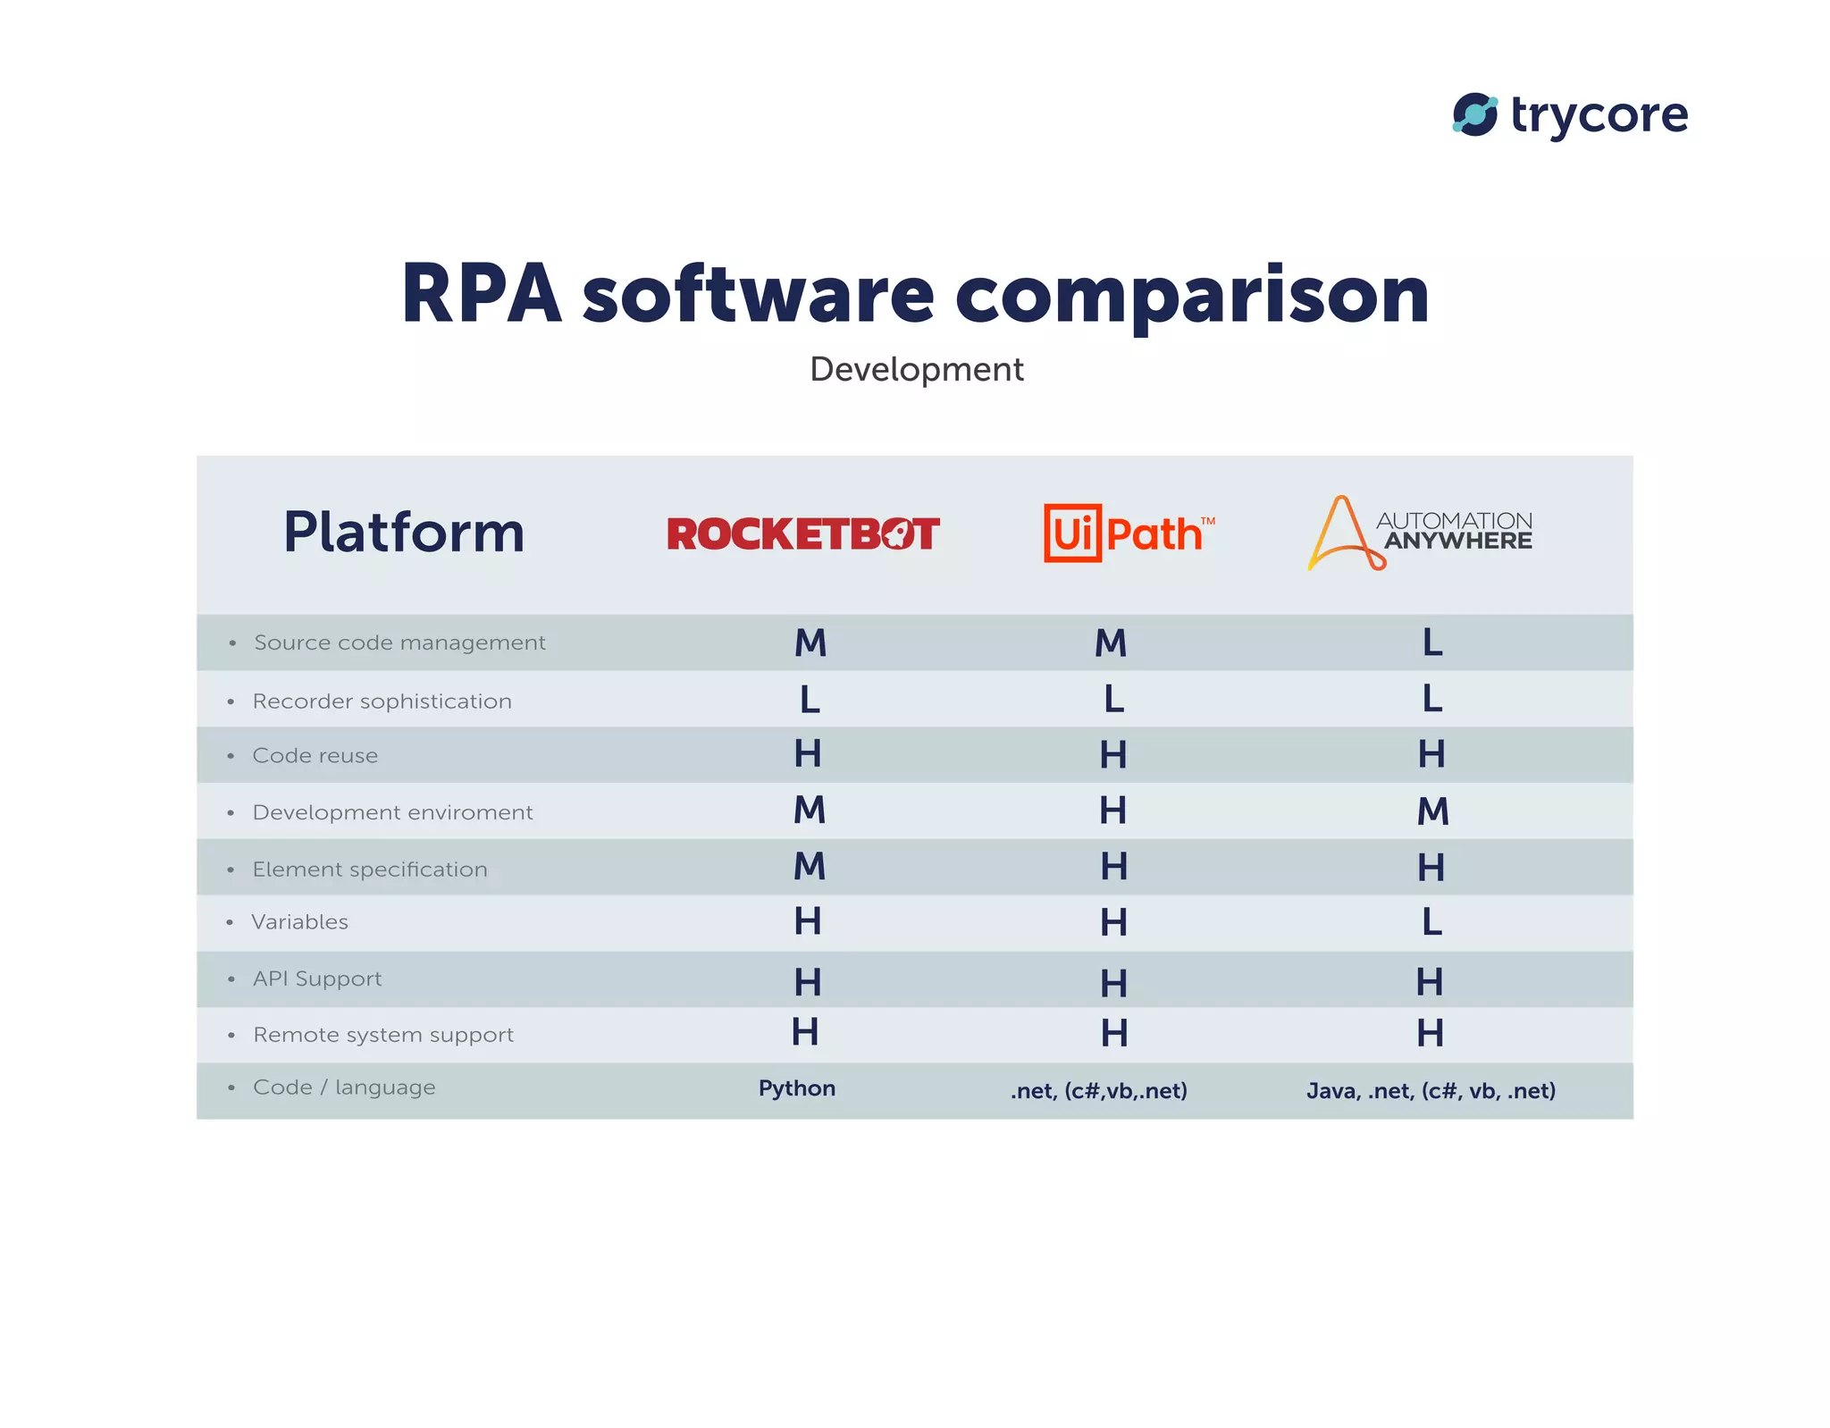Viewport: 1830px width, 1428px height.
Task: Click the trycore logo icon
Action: click(1474, 115)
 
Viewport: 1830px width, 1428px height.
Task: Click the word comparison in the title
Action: click(1192, 294)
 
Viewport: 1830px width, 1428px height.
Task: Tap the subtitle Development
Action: click(916, 369)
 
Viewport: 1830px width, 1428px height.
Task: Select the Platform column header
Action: click(404, 533)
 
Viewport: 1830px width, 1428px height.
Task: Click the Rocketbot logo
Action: click(802, 534)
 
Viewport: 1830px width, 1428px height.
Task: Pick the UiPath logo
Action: click(1129, 533)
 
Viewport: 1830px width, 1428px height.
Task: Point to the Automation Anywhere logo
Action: click(1420, 533)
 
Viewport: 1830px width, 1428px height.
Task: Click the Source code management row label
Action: click(399, 643)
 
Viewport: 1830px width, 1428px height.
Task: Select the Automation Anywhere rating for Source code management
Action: click(1432, 643)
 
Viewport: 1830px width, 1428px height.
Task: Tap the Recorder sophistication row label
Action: click(382, 701)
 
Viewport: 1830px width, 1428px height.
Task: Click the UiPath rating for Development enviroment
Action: click(1113, 811)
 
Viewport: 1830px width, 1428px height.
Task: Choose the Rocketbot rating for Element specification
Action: click(810, 866)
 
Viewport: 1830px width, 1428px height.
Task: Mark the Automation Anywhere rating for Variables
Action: click(1432, 922)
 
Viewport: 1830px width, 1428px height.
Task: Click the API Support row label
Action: click(317, 979)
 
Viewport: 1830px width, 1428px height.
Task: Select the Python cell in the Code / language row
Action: click(797, 1088)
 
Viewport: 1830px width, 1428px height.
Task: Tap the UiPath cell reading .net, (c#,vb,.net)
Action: click(1099, 1091)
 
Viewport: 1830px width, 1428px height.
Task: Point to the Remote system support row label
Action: click(383, 1035)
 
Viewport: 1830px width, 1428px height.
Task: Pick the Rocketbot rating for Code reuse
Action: click(808, 754)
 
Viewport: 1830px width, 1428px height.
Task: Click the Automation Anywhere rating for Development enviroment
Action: click(1433, 811)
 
